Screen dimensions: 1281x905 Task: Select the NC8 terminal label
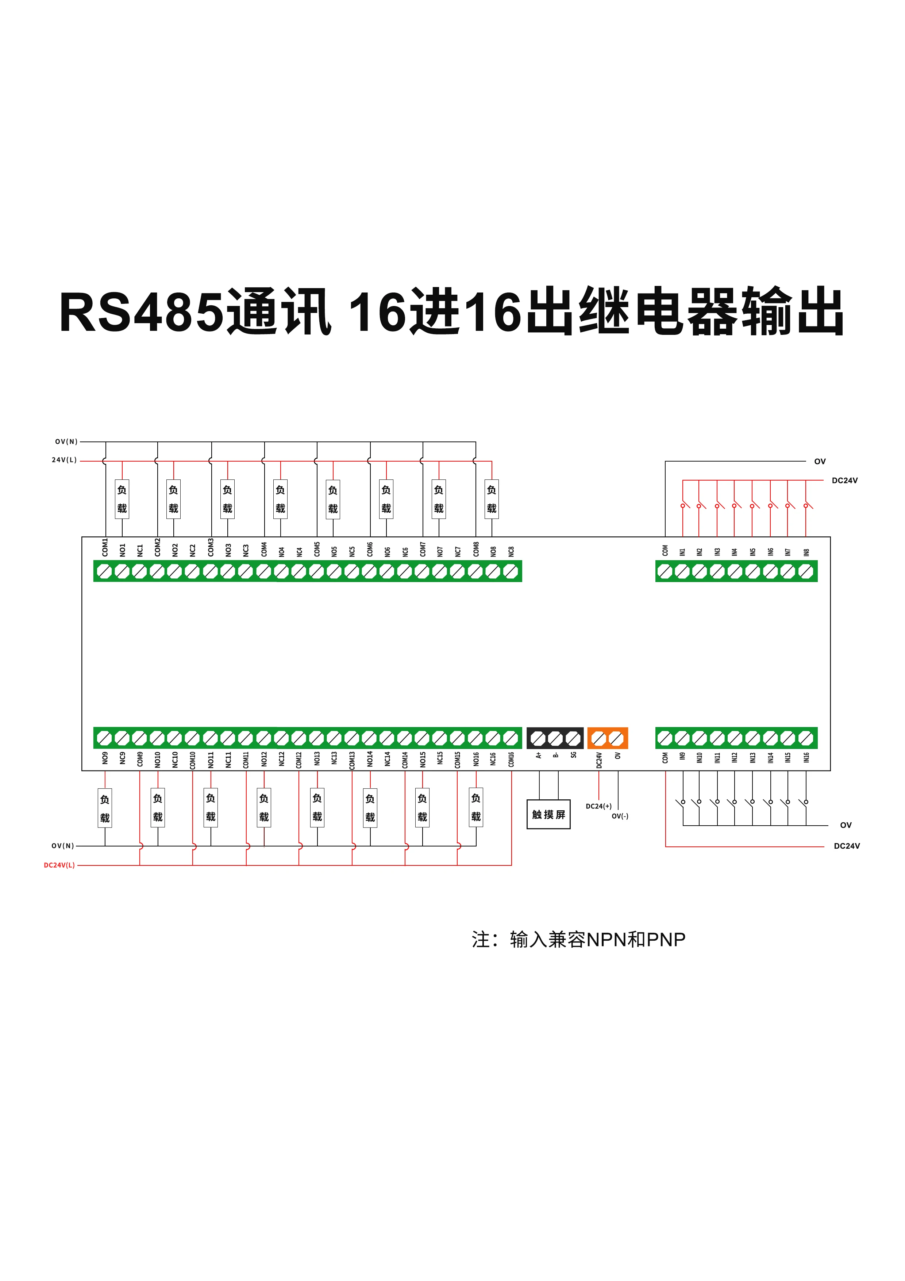tap(511, 551)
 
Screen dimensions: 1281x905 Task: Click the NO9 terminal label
tap(105, 758)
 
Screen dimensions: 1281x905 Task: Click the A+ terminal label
tap(539, 756)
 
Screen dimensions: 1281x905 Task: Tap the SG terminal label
tap(573, 756)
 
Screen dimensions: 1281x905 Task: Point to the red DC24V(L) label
tap(59, 865)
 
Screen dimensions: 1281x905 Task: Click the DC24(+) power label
tap(598, 806)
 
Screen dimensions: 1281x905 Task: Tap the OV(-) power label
tap(620, 816)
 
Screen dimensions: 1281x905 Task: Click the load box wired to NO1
tap(122, 499)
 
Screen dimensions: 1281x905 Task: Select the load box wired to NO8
tap(491, 499)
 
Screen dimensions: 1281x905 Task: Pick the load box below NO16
tap(475, 807)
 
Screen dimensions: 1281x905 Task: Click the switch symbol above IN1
tap(684, 505)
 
